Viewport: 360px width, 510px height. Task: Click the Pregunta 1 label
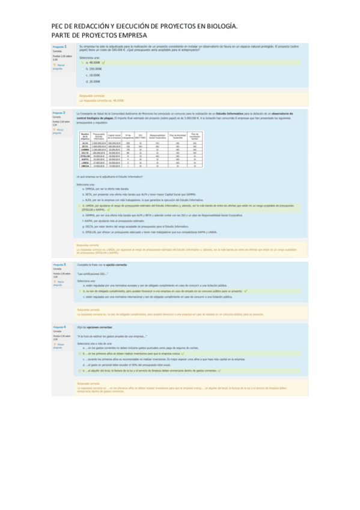click(x=59, y=46)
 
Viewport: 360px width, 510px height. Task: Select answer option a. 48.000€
click(x=93, y=62)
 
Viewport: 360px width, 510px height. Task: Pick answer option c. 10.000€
click(x=93, y=75)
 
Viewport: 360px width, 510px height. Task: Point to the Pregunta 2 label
click(x=59, y=112)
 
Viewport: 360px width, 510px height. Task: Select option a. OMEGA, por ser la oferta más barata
click(x=121, y=188)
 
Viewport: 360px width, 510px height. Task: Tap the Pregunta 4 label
click(x=59, y=327)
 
